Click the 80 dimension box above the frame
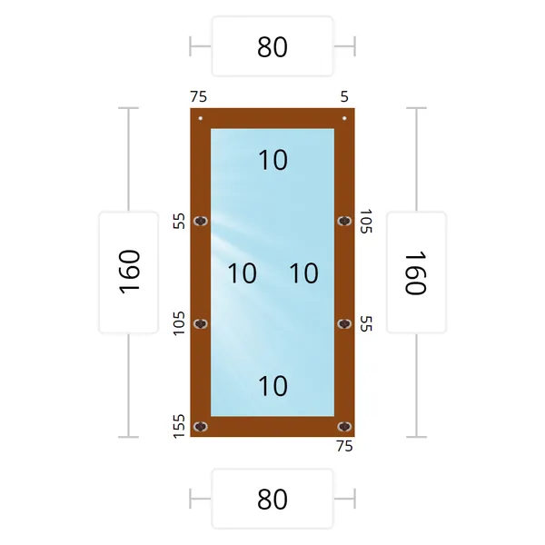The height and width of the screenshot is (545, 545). pyautogui.click(x=272, y=46)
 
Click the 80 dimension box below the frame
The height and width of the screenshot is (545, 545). pyautogui.click(x=272, y=499)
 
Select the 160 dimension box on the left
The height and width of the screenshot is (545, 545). pyautogui.click(x=129, y=272)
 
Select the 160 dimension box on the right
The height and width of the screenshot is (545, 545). pyautogui.click(x=416, y=272)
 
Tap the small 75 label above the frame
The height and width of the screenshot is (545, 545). pyautogui.click(x=198, y=96)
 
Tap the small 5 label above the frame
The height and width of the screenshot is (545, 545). pyautogui.click(x=344, y=96)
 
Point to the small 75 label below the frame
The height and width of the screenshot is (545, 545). pyautogui.click(x=344, y=446)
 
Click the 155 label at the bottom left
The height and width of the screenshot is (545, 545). pyautogui.click(x=179, y=426)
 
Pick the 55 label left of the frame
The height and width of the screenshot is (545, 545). pyautogui.click(x=179, y=221)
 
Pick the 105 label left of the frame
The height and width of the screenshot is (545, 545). pyautogui.click(x=179, y=323)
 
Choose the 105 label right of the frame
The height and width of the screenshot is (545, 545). pyautogui.click(x=366, y=221)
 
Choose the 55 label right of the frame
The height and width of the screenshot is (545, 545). pyautogui.click(x=366, y=323)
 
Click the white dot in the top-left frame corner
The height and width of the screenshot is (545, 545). pyautogui.click(x=200, y=118)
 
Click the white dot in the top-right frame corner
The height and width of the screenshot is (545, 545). pyautogui.click(x=344, y=118)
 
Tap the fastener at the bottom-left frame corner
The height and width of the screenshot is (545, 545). pyautogui.click(x=200, y=427)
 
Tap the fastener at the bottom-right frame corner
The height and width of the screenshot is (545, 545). pyautogui.click(x=344, y=427)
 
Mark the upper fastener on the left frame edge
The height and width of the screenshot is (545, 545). pyautogui.click(x=200, y=221)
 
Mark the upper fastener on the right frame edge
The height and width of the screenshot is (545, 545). pyautogui.click(x=344, y=221)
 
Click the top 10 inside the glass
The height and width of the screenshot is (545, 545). pyautogui.click(x=273, y=160)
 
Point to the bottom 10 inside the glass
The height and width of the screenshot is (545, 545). pyautogui.click(x=273, y=386)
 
